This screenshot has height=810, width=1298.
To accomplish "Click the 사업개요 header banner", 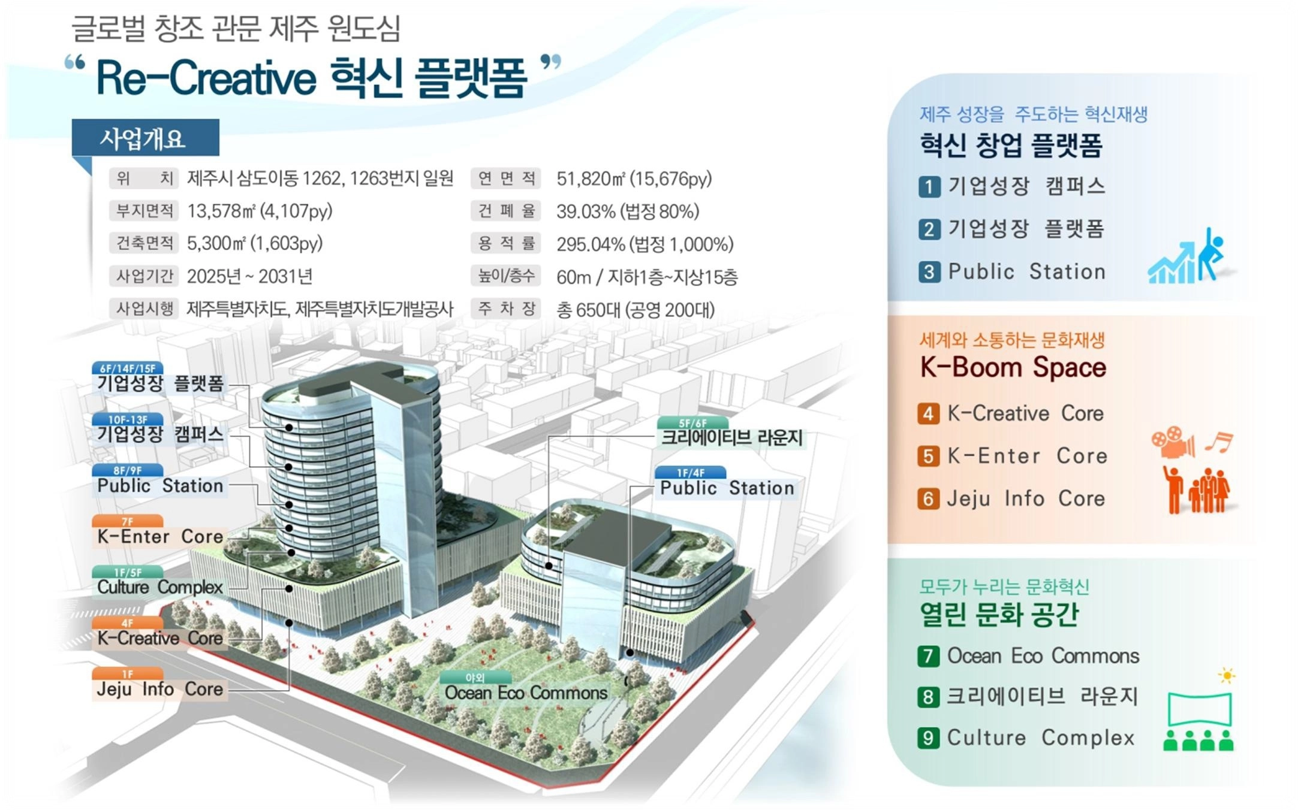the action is coord(145,138).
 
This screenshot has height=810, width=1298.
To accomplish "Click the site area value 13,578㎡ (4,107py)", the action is coord(260,211).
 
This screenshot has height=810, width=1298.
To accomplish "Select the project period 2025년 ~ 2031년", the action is coord(249,276).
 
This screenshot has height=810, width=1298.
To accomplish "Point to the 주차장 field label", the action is coord(507,309).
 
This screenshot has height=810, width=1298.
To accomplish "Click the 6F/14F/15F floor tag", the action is coord(128,368).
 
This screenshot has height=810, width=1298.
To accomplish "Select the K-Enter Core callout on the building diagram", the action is coord(160,536).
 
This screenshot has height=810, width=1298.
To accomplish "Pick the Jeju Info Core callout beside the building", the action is coord(159,689).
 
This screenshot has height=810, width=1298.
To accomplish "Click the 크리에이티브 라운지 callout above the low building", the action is coord(731,437).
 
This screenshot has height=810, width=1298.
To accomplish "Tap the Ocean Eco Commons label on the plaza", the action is coord(526,693).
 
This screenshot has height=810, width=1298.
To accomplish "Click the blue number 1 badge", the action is coord(929,187).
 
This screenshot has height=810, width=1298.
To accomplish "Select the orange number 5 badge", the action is coord(928,457).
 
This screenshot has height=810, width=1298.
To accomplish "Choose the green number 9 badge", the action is coord(928,738).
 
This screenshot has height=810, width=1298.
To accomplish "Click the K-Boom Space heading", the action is coord(1013,367).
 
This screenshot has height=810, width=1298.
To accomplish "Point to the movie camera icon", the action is coord(1173,443).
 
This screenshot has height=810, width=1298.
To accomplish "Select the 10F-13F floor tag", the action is coord(128,419).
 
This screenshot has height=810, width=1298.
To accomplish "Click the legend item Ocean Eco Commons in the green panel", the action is coord(1043,656).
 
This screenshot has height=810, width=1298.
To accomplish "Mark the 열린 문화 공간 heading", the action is coord(999,615).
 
